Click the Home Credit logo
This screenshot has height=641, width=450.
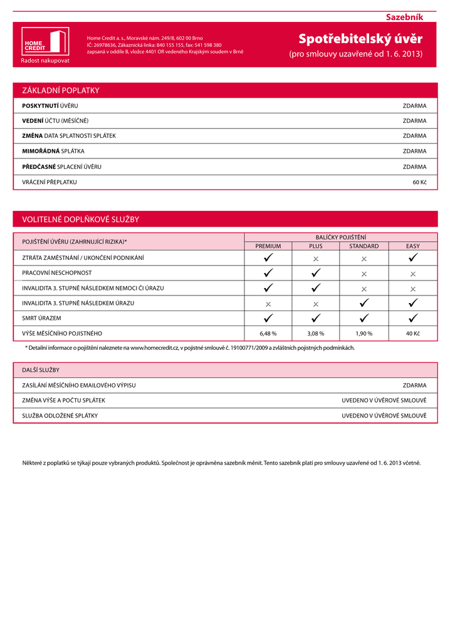point(45,42)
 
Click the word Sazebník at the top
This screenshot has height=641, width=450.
point(404,16)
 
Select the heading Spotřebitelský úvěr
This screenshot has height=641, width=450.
point(360,39)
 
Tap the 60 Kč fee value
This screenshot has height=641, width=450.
point(419,182)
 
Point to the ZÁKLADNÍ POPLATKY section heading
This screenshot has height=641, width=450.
point(61,91)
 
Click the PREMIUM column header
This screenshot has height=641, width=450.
point(268,246)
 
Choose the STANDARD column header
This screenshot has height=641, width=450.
point(364,246)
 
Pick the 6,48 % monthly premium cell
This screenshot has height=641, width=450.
point(268,334)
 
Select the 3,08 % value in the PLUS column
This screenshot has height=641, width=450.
point(316,334)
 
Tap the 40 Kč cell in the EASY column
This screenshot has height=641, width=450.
point(413,334)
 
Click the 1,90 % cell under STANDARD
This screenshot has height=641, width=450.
point(364,334)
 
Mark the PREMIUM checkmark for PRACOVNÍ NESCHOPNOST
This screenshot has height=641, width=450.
point(268,273)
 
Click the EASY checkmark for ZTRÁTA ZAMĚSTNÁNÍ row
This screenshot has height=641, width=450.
point(413,257)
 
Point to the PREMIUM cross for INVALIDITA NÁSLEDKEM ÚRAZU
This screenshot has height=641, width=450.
point(268,304)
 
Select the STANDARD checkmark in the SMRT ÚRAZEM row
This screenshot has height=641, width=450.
point(364,318)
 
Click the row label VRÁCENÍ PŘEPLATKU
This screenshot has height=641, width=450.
point(50,182)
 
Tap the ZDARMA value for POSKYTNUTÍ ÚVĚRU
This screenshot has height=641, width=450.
point(414,106)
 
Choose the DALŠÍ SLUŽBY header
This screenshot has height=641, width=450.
point(41,370)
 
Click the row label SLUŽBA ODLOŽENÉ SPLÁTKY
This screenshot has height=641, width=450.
point(60,416)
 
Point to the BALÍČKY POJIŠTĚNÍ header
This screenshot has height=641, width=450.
point(341,237)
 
